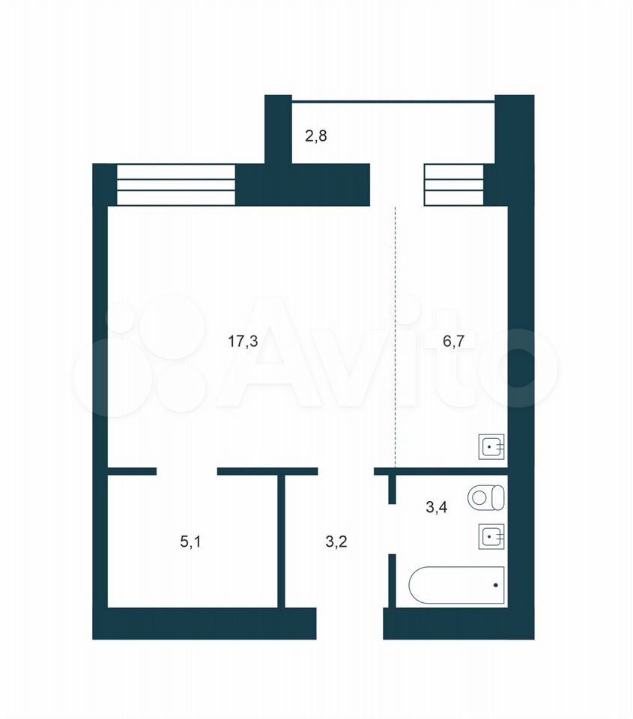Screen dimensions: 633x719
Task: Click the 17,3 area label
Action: click(243, 342)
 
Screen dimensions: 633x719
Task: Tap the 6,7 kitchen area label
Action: click(453, 342)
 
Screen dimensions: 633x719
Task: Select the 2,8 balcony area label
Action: click(316, 136)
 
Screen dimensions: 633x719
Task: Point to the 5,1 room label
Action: click(190, 542)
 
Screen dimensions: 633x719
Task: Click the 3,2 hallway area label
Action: click(336, 542)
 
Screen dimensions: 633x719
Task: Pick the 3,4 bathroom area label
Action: click(437, 507)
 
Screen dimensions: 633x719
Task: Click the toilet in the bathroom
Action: click(486, 497)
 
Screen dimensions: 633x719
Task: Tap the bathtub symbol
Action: click(457, 585)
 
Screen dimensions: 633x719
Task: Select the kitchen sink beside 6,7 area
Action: click(491, 446)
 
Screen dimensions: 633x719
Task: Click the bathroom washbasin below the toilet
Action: click(491, 536)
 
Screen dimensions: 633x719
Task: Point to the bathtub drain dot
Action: click(495, 585)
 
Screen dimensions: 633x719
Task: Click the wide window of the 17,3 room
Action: click(176, 185)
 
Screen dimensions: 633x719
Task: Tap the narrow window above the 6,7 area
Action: click(454, 185)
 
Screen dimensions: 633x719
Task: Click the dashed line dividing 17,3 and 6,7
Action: click(396, 337)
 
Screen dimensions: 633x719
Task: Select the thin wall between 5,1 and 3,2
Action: click(282, 541)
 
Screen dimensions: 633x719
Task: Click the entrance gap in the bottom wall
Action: click(350, 624)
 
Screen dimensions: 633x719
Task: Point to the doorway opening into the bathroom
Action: click(393, 530)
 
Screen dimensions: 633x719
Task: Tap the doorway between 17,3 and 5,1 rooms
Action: click(187, 471)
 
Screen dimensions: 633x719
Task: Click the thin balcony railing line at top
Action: click(393, 102)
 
